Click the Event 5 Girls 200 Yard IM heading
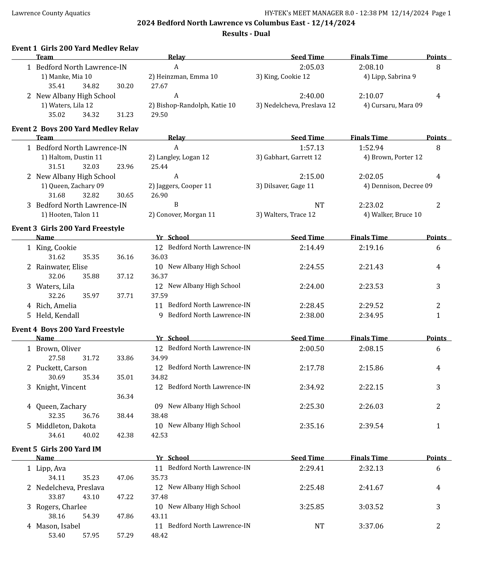click(56, 449)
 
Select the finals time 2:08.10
click(371, 67)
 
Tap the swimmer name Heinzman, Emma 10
click(183, 77)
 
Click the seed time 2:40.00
click(312, 96)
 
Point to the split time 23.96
click(125, 167)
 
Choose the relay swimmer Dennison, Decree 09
click(398, 186)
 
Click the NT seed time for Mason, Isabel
click(319, 526)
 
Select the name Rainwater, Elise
click(62, 267)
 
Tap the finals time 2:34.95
click(371, 315)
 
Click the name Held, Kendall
click(57, 315)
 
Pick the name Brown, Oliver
click(58, 349)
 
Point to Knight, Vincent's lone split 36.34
click(125, 397)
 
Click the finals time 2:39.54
click(371, 426)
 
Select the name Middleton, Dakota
click(66, 426)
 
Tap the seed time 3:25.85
click(312, 507)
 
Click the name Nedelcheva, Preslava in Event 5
click(70, 488)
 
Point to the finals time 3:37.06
click(371, 526)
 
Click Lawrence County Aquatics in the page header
click(51, 13)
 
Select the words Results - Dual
click(246, 34)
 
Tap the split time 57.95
click(91, 535)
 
